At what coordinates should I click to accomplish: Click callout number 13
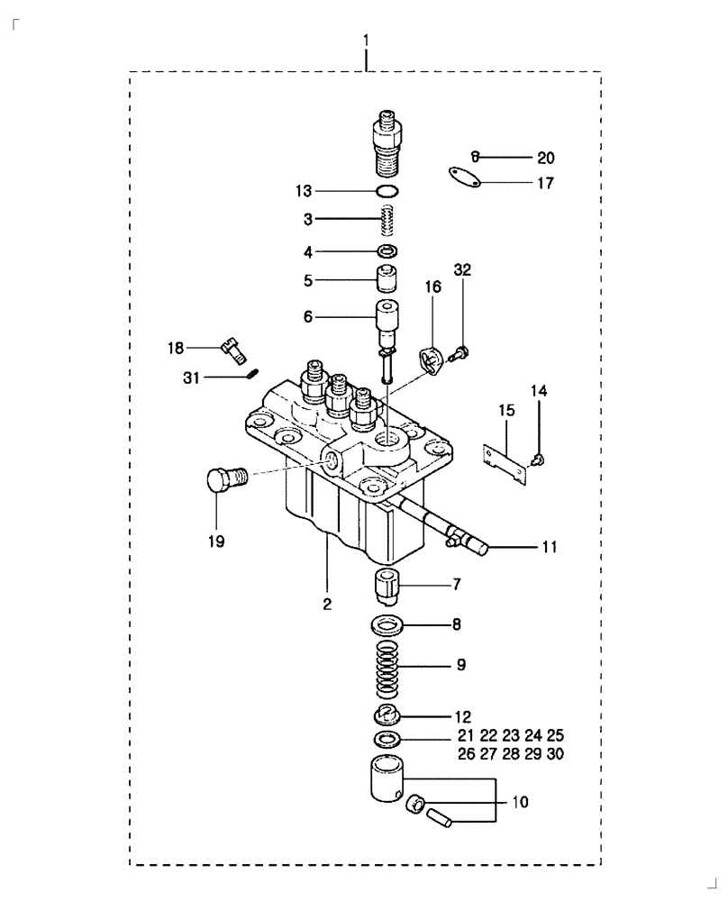[303, 190]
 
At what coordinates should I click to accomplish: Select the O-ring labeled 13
[387, 190]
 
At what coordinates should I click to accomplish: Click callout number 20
[546, 158]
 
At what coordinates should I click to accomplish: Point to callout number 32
[462, 270]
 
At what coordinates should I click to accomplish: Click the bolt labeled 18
[232, 346]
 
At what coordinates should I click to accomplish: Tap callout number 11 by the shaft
[550, 546]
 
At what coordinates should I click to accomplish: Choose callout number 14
[539, 391]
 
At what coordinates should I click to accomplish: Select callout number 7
[457, 585]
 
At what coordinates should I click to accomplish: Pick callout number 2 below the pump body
[327, 603]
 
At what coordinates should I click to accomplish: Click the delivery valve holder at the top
[388, 140]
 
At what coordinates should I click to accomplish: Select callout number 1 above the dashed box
[366, 41]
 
